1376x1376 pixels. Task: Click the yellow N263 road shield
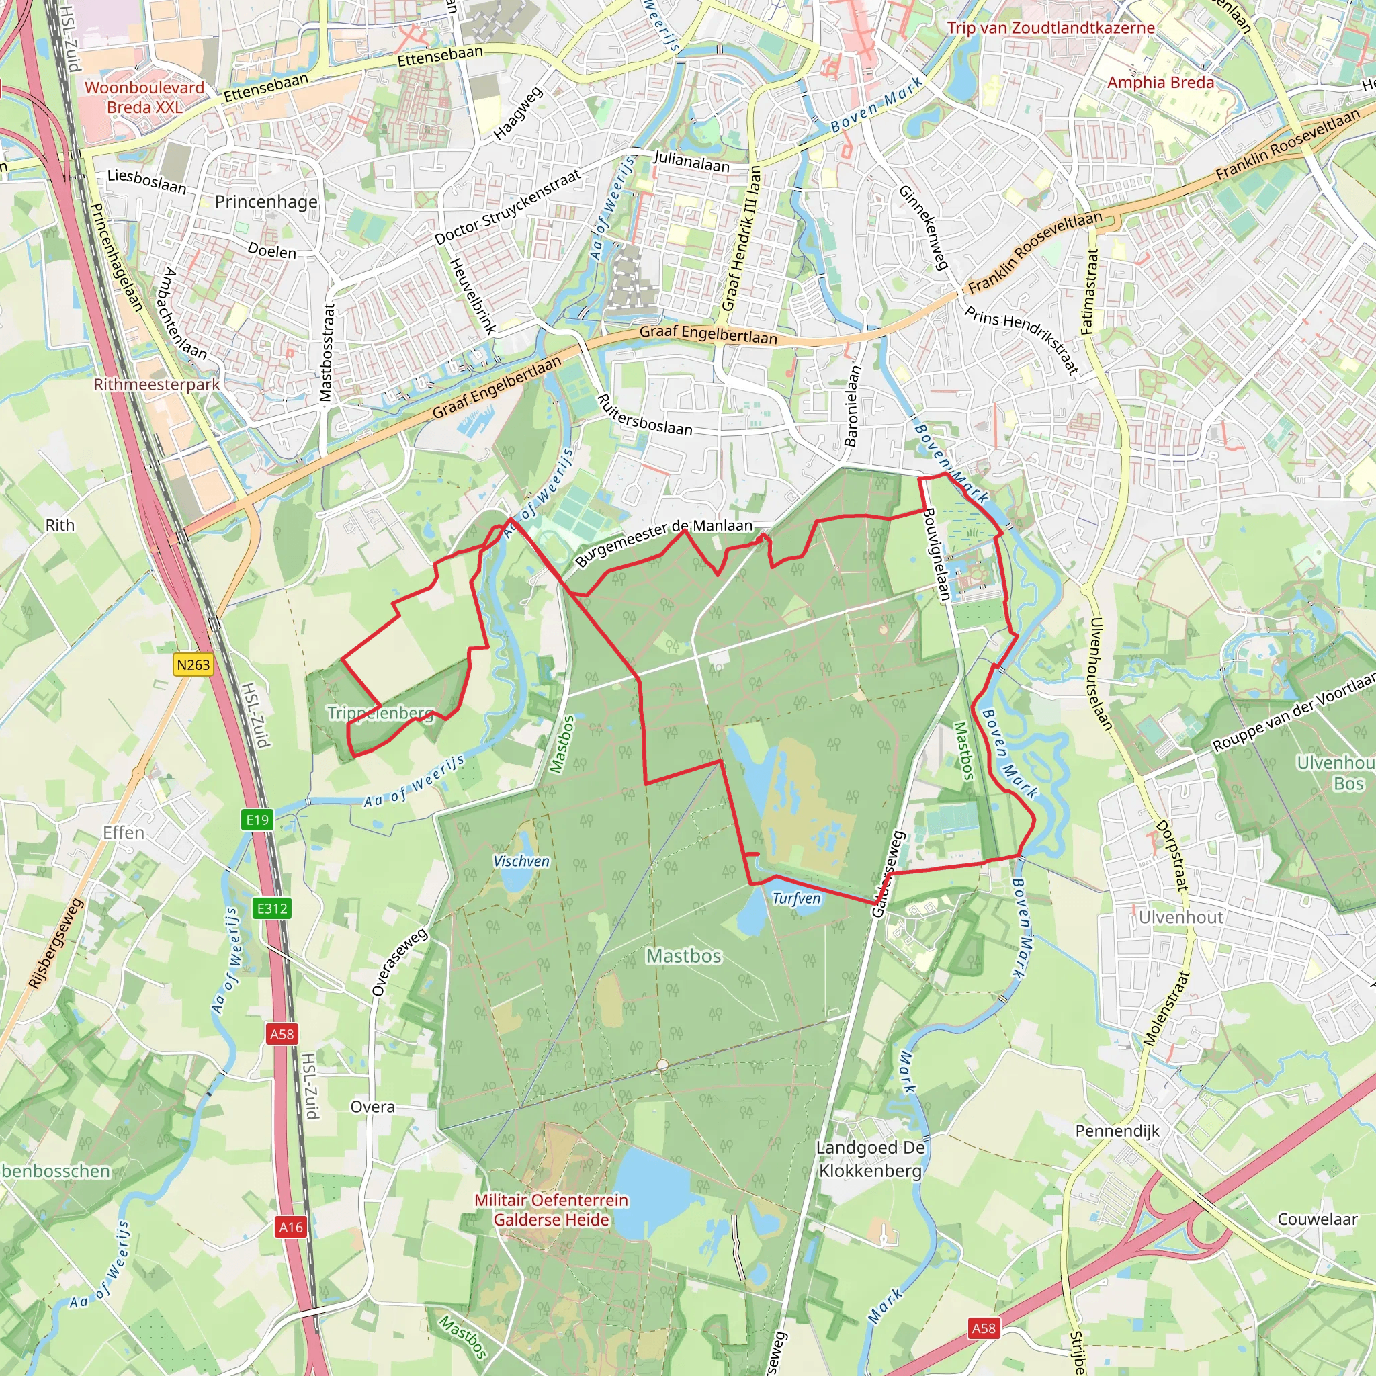(x=193, y=664)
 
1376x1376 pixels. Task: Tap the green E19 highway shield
(x=257, y=820)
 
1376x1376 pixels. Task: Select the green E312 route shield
(x=272, y=908)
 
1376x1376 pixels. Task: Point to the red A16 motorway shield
(x=290, y=1226)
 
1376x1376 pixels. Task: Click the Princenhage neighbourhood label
(x=265, y=202)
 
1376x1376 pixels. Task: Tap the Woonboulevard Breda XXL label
(x=144, y=97)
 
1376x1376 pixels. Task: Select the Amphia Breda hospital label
(x=1160, y=83)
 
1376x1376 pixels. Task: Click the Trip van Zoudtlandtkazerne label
(x=1051, y=28)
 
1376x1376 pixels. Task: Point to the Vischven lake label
(x=521, y=861)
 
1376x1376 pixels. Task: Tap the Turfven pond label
(x=796, y=899)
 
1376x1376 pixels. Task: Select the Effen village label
(x=123, y=832)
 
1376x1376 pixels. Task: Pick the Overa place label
(x=372, y=1106)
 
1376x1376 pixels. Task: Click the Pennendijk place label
(x=1117, y=1131)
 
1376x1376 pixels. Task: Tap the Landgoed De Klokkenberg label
(x=870, y=1159)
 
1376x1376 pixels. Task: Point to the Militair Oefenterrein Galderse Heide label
(x=551, y=1210)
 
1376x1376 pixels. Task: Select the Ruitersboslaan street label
(x=644, y=415)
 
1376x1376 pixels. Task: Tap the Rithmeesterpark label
(x=157, y=384)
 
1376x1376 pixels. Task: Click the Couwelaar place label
(x=1317, y=1219)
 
